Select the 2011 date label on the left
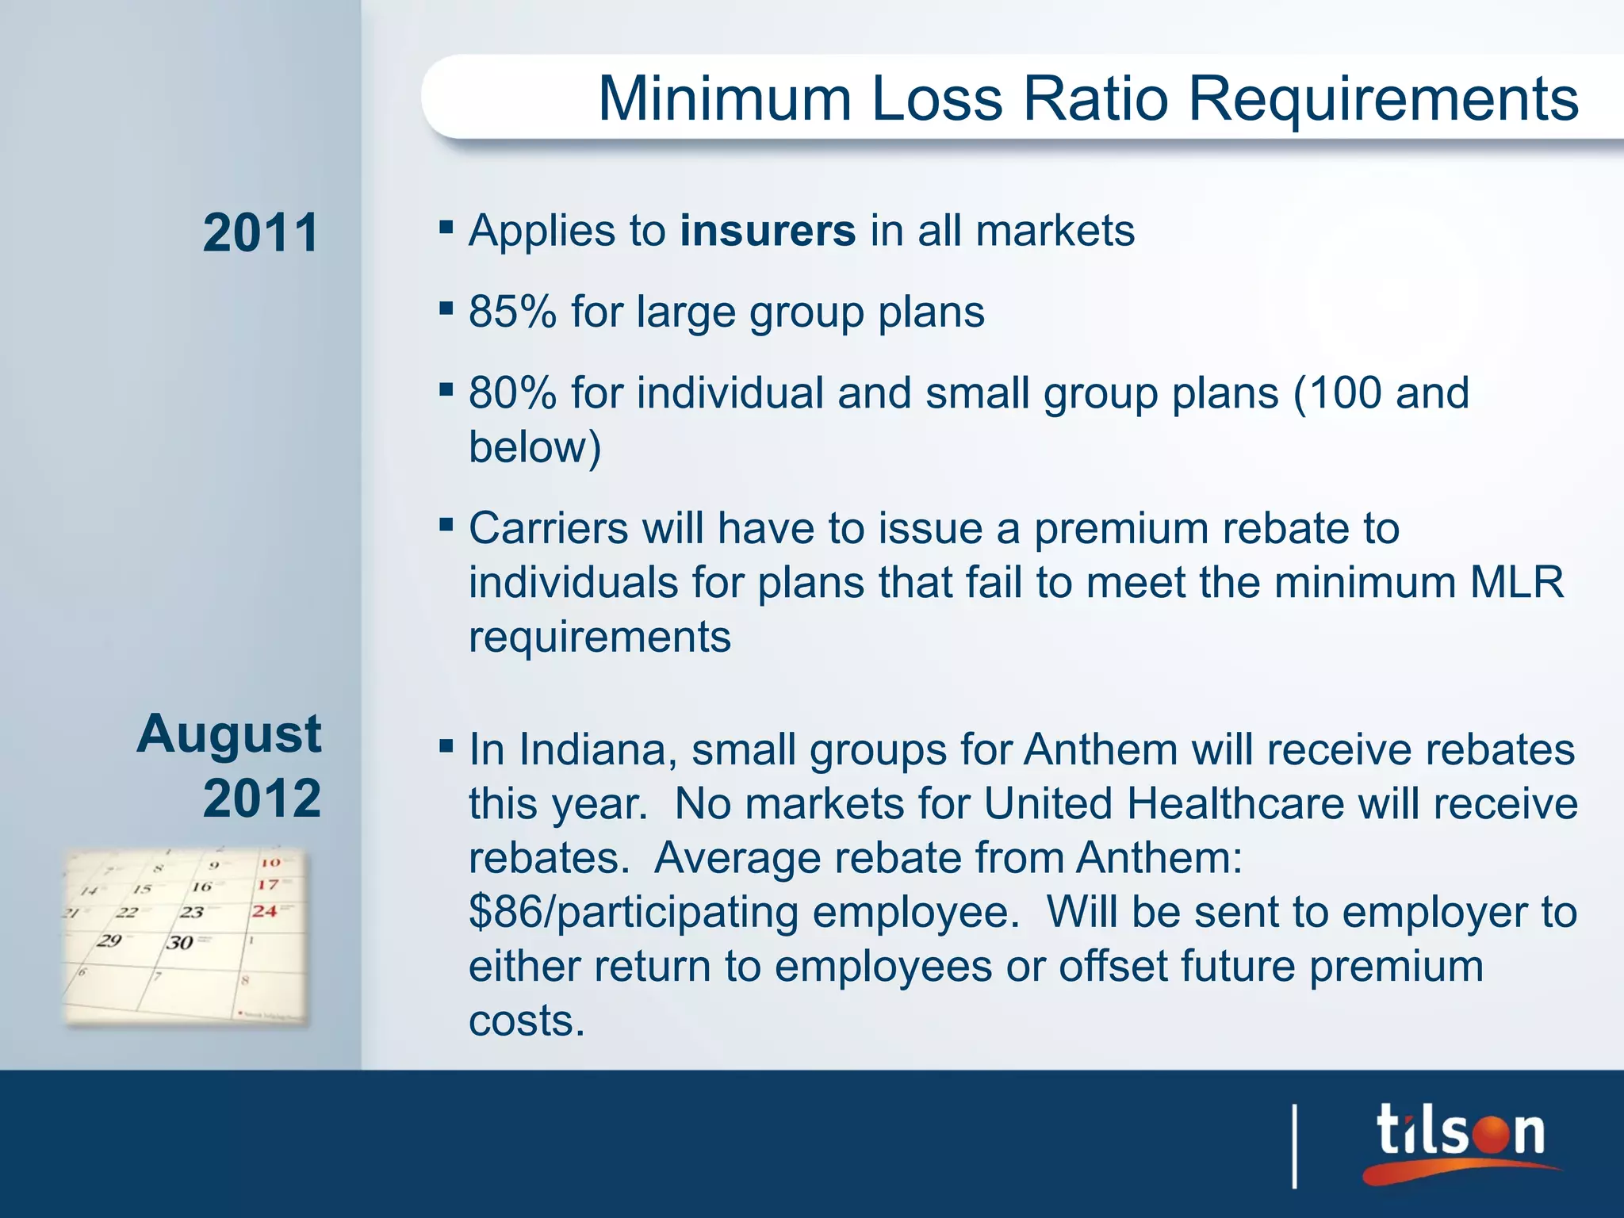(x=260, y=233)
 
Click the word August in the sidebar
(x=229, y=733)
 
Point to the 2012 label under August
(x=262, y=798)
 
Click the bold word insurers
(x=768, y=231)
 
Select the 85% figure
(x=512, y=312)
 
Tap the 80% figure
(x=512, y=393)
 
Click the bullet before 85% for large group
(x=446, y=308)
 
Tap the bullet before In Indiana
(x=446, y=745)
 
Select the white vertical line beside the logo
(x=1295, y=1146)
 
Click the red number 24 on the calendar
(x=265, y=911)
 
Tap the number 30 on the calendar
(x=180, y=943)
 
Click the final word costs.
(x=527, y=1021)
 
